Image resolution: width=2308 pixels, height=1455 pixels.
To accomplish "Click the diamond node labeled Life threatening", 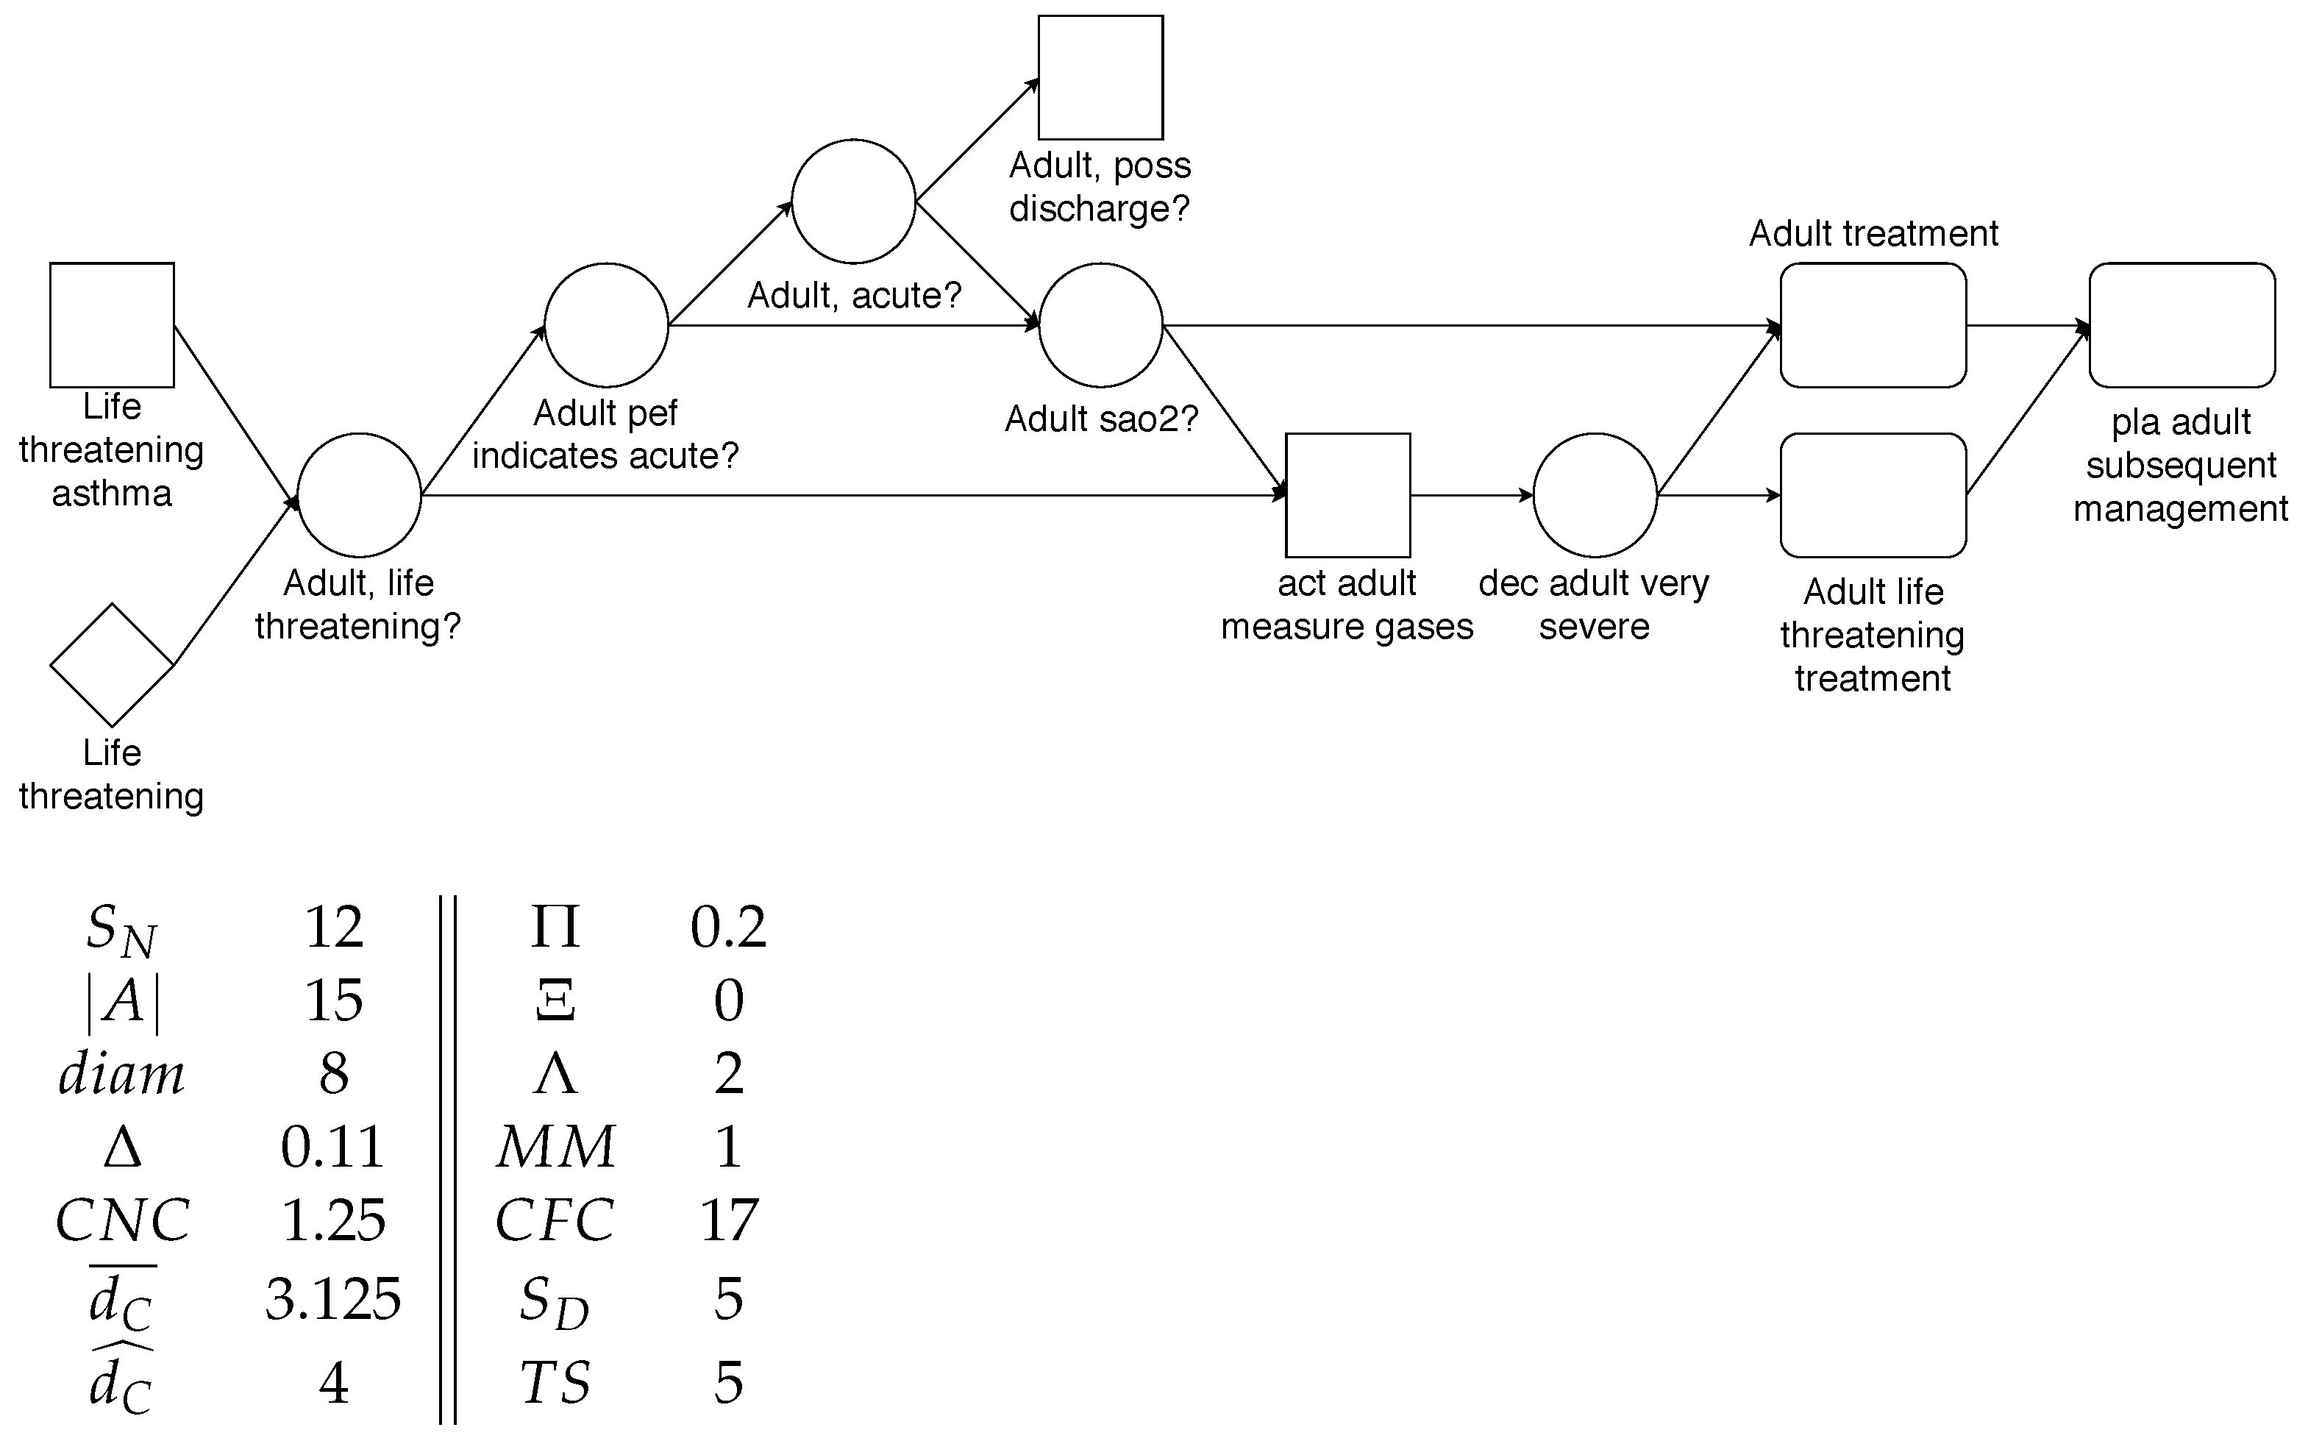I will [112, 664].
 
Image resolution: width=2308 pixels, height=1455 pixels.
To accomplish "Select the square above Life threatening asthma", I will [112, 325].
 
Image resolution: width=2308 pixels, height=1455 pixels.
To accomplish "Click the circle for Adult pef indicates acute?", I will [606, 325].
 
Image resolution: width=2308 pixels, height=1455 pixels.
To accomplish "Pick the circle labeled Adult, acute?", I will [853, 202].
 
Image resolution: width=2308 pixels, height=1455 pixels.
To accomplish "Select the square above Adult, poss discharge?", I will [1100, 78].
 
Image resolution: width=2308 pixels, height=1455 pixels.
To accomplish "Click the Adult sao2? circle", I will [1100, 325].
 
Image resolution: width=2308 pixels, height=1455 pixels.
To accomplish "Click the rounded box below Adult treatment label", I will [1873, 325].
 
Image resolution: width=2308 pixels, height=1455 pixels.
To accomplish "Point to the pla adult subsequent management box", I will [2181, 325].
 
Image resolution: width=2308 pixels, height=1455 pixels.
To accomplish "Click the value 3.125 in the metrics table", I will [332, 1301].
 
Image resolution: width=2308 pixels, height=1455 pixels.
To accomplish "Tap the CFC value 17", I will [728, 1221].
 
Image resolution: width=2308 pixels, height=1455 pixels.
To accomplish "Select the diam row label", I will [122, 1073].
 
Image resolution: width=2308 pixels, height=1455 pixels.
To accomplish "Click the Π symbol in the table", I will [555, 927].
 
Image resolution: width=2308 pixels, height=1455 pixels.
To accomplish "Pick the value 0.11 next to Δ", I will [332, 1146].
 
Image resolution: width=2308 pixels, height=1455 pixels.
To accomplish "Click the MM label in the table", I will [555, 1146].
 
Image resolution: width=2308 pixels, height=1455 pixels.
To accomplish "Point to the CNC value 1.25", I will [332, 1221].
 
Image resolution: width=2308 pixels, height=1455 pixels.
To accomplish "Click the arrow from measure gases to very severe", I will [1471, 496].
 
